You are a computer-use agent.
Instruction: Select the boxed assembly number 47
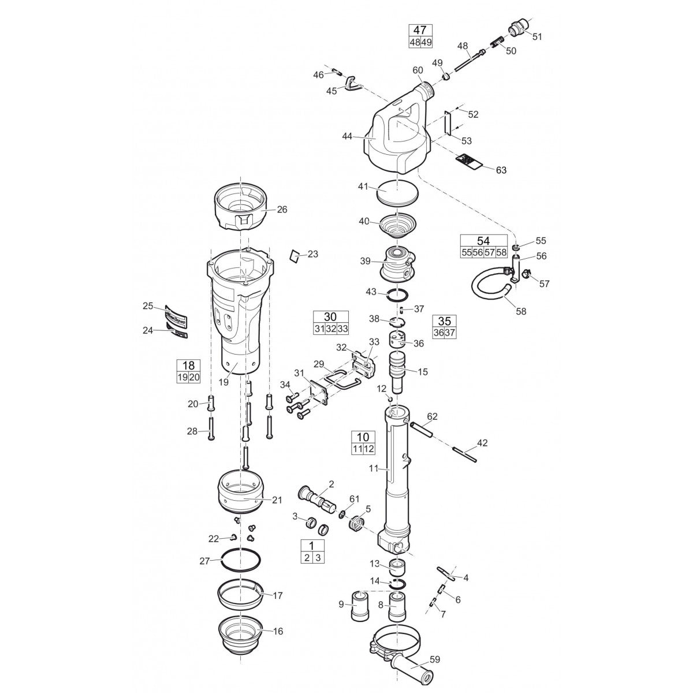[x=421, y=31]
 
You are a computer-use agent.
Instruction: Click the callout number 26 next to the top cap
[x=281, y=210]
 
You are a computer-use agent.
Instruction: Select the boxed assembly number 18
[x=188, y=366]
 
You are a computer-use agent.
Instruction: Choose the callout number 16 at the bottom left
[x=278, y=631]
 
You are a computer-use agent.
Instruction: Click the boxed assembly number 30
[x=330, y=316]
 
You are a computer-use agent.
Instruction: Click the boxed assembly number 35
[x=444, y=321]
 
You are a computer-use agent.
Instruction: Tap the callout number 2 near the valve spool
[x=331, y=483]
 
